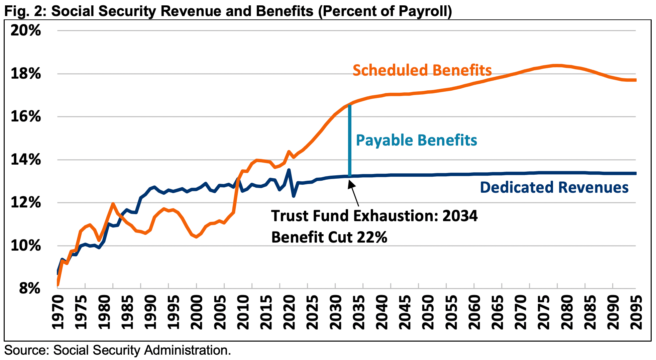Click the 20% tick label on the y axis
click(25, 30)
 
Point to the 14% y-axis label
click(25, 160)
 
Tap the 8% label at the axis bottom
click(29, 288)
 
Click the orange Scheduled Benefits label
click(422, 70)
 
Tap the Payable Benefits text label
click(416, 140)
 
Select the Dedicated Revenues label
click(554, 187)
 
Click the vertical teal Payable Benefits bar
click(350, 141)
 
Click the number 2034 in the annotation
click(460, 216)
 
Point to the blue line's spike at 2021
click(289, 170)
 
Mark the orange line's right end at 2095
click(635, 80)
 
